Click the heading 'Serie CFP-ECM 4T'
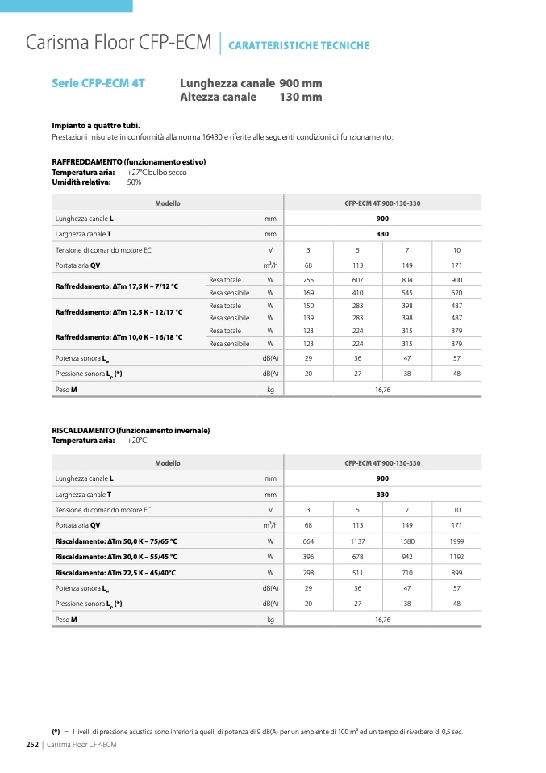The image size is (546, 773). (98, 83)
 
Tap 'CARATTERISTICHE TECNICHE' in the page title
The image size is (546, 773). (298, 45)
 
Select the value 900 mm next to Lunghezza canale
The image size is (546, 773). (300, 83)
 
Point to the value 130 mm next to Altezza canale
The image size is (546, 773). (300, 97)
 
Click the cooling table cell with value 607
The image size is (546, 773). (358, 279)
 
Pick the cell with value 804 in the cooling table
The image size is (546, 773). (407, 279)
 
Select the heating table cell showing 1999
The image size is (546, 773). (456, 541)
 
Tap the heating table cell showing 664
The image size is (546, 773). (308, 541)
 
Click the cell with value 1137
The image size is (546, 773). (358, 541)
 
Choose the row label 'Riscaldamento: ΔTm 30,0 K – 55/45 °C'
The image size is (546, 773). (116, 557)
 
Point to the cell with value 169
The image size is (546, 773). (308, 292)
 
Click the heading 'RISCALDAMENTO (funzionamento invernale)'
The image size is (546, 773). (131, 431)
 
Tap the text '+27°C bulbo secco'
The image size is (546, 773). (157, 173)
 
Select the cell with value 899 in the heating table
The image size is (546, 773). (456, 572)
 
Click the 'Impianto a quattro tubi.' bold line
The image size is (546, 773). (96, 126)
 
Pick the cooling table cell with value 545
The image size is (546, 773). (407, 292)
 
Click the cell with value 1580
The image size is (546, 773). (407, 541)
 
